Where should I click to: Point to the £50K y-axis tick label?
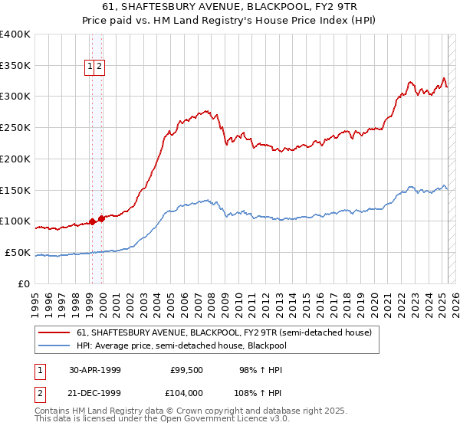click(18, 252)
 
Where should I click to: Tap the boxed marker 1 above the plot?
click(90, 67)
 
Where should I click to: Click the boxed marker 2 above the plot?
click(100, 67)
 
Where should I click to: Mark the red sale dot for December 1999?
click(101, 218)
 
